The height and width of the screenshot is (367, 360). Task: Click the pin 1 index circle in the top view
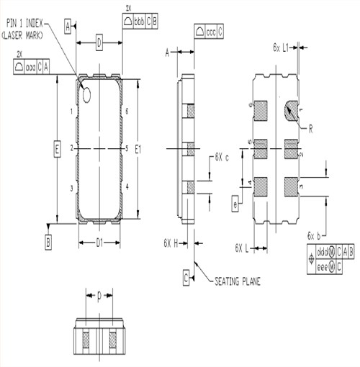87,92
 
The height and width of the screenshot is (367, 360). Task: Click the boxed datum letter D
99,45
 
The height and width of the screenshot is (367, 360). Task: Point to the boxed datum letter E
57,149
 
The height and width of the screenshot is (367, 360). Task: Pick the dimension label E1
138,149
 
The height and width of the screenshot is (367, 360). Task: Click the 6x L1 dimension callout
281,47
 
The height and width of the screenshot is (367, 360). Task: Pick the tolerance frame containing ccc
209,32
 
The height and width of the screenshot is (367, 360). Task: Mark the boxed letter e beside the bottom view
235,204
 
